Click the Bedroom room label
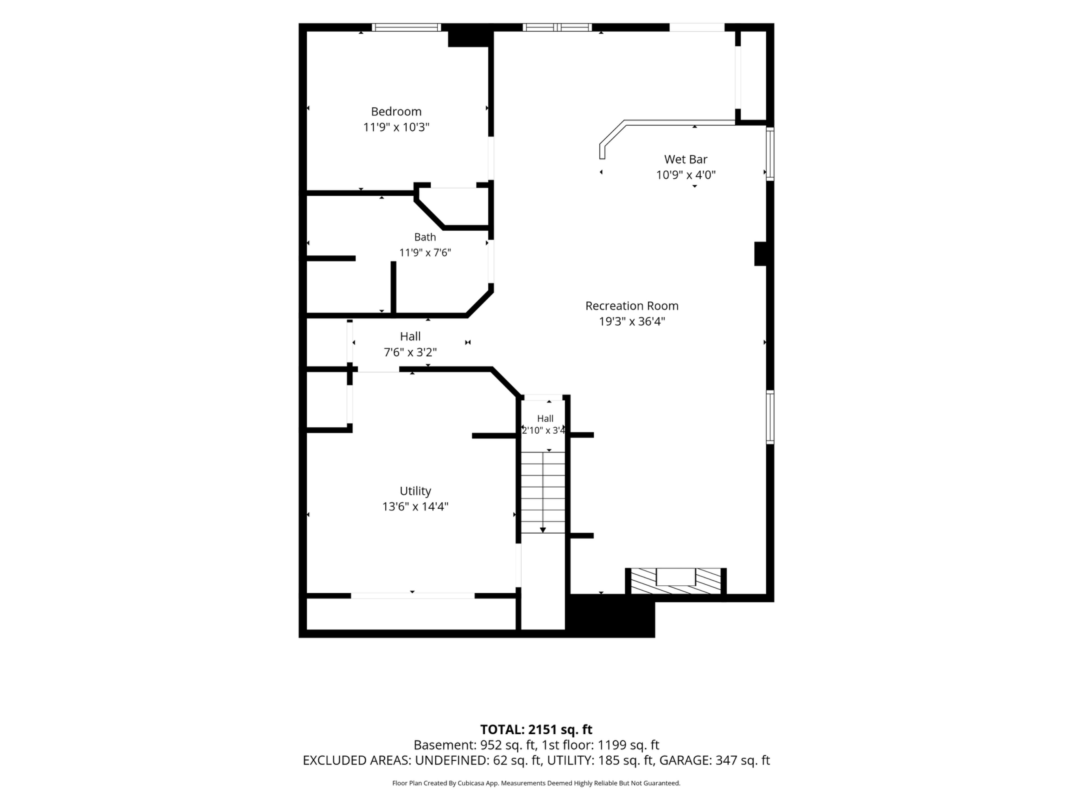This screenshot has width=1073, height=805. point(396,112)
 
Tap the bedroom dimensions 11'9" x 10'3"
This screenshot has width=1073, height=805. point(396,127)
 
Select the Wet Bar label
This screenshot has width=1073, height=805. point(685,159)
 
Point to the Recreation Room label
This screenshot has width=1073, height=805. point(632,306)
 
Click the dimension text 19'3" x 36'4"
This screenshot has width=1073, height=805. point(632,321)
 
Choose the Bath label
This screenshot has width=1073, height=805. point(425,237)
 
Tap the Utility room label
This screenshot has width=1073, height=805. point(415,491)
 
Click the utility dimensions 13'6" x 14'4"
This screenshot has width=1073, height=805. point(415,506)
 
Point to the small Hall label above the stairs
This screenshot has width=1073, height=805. point(545,418)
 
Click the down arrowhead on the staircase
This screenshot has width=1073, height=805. point(543,530)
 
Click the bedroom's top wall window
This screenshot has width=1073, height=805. point(407,27)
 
